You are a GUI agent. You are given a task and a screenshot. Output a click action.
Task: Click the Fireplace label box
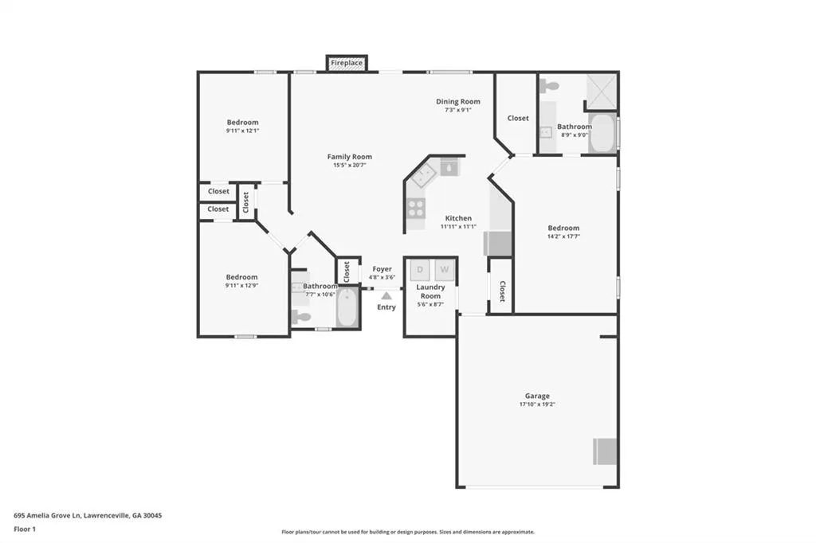[347, 63]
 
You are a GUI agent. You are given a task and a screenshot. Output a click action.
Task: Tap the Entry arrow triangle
[386, 296]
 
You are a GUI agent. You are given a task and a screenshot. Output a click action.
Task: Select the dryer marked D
[420, 270]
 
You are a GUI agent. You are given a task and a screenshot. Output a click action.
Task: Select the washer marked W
[445, 270]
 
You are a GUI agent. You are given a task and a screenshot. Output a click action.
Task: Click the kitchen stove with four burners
[416, 208]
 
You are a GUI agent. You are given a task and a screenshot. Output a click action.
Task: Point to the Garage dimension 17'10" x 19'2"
[537, 404]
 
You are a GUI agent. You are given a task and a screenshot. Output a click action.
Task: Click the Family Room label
[350, 157]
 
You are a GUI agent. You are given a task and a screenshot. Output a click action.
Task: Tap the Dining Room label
[458, 101]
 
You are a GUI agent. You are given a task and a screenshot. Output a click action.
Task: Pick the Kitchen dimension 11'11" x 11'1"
[458, 226]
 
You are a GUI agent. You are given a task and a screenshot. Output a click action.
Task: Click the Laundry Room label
[430, 291]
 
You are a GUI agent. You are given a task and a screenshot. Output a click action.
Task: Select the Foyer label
[382, 269]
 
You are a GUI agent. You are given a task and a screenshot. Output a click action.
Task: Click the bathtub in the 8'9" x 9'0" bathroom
[602, 133]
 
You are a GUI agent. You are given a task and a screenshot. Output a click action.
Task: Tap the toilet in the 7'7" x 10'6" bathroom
[300, 316]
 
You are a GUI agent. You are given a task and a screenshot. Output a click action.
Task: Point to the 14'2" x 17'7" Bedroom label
[563, 228]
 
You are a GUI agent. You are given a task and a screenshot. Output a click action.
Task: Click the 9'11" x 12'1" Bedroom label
[242, 123]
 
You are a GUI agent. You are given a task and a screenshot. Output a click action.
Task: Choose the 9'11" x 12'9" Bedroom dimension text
[242, 286]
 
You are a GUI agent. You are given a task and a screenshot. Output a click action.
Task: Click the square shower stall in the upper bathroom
[602, 92]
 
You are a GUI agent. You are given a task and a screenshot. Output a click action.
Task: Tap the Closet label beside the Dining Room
[518, 118]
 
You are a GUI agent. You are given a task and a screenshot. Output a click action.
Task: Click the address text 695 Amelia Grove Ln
[47, 515]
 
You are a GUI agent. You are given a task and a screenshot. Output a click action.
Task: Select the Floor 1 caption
[25, 529]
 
